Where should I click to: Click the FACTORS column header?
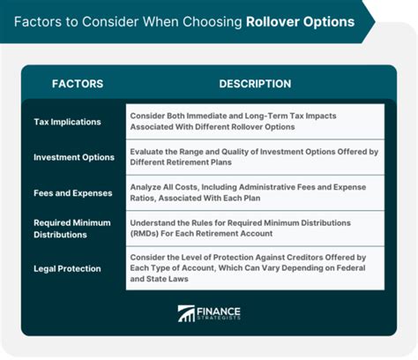tap(78, 84)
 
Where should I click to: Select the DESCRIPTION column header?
tap(255, 84)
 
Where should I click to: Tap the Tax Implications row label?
tap(67, 122)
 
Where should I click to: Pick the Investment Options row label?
tap(74, 157)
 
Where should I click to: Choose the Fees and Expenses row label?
tap(73, 193)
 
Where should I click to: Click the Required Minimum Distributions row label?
tap(72, 229)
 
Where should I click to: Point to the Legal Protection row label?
tap(67, 268)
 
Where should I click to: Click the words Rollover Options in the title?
tap(301, 22)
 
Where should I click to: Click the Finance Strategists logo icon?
tap(186, 313)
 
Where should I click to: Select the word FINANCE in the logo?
tap(219, 311)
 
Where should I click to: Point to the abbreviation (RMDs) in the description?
tap(143, 234)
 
